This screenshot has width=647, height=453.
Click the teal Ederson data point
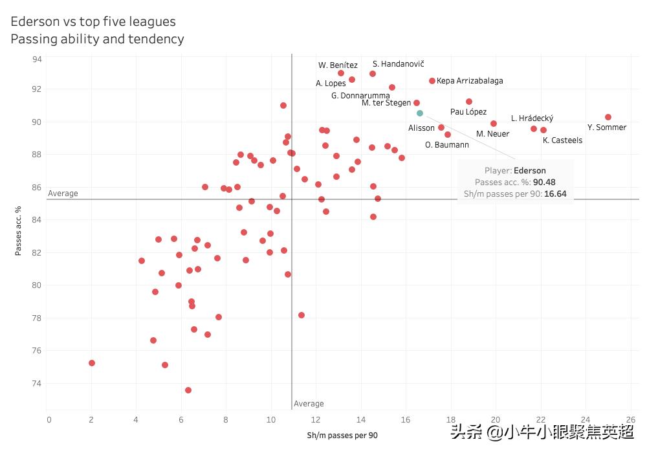[x=420, y=113]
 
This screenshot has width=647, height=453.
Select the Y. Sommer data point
[x=608, y=117]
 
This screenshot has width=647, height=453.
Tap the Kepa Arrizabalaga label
[x=470, y=81]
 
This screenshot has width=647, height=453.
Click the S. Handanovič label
[x=398, y=64]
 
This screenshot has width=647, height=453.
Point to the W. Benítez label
[x=338, y=65]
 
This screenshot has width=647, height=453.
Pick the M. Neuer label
[x=492, y=134]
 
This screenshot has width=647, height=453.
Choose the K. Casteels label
[x=562, y=140]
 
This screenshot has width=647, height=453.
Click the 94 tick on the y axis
[x=37, y=59]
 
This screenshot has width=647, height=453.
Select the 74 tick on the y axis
[x=37, y=383]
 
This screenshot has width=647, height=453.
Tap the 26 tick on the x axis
[x=631, y=419]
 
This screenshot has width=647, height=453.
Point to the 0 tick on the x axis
[x=49, y=419]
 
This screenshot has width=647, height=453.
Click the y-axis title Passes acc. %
[x=19, y=232]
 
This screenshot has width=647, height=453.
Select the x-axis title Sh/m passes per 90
[x=342, y=436]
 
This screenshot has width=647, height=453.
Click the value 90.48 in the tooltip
[x=544, y=182]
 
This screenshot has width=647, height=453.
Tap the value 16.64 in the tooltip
[x=554, y=193]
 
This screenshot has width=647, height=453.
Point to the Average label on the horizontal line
[x=63, y=193]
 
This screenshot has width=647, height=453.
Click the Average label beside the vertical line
[x=309, y=404]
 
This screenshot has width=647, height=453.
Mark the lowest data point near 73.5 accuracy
[x=188, y=390]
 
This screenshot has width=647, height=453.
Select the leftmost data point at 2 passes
[x=92, y=363]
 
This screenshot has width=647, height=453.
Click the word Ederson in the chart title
[x=35, y=21]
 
